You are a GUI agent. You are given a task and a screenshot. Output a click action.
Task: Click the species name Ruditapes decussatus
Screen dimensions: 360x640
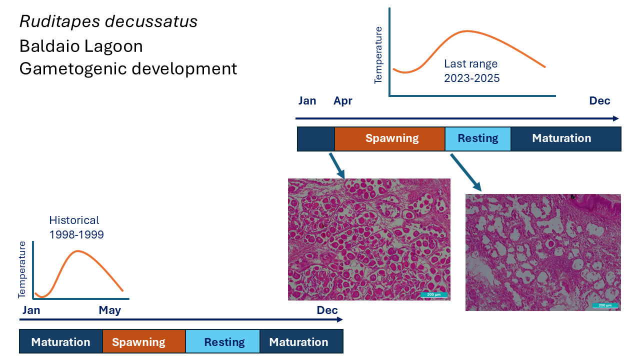pyautogui.click(x=108, y=21)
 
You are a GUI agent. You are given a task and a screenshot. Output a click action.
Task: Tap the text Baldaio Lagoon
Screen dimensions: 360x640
pyautogui.click(x=81, y=46)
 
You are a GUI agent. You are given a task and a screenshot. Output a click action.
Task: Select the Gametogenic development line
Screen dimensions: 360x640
pyautogui.click(x=128, y=68)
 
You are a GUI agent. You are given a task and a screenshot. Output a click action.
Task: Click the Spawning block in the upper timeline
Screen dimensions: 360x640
pyautogui.click(x=391, y=138)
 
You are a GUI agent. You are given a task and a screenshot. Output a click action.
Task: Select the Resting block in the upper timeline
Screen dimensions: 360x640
pyautogui.click(x=478, y=138)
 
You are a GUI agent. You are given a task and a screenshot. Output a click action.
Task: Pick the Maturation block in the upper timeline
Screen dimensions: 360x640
pyautogui.click(x=561, y=138)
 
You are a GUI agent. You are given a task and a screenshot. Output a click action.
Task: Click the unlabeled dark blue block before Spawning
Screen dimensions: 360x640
pyautogui.click(x=315, y=138)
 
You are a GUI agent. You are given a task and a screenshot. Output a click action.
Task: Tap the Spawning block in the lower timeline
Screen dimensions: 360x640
pyautogui.click(x=138, y=342)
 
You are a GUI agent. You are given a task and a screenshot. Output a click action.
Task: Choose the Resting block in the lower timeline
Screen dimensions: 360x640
pyautogui.click(x=224, y=342)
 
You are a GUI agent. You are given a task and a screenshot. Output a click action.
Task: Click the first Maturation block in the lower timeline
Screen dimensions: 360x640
pyautogui.click(x=60, y=342)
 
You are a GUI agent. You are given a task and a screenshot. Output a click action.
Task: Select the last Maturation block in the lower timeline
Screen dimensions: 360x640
pyautogui.click(x=298, y=342)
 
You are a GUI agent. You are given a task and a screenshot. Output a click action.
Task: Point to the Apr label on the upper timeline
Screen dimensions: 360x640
pyautogui.click(x=343, y=101)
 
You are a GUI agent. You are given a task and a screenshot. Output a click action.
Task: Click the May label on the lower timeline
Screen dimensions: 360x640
pyautogui.click(x=110, y=310)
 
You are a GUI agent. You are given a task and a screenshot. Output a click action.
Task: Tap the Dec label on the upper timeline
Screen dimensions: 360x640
pyautogui.click(x=599, y=101)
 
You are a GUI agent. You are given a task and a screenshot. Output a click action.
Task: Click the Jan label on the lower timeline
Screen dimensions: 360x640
pyautogui.click(x=31, y=310)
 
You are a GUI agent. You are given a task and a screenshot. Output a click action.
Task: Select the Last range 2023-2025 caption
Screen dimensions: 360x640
pyautogui.click(x=471, y=71)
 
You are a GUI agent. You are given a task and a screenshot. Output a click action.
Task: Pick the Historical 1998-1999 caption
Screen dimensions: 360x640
pyautogui.click(x=76, y=227)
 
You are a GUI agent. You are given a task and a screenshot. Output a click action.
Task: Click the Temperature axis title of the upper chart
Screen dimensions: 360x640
pyautogui.click(x=378, y=55)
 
